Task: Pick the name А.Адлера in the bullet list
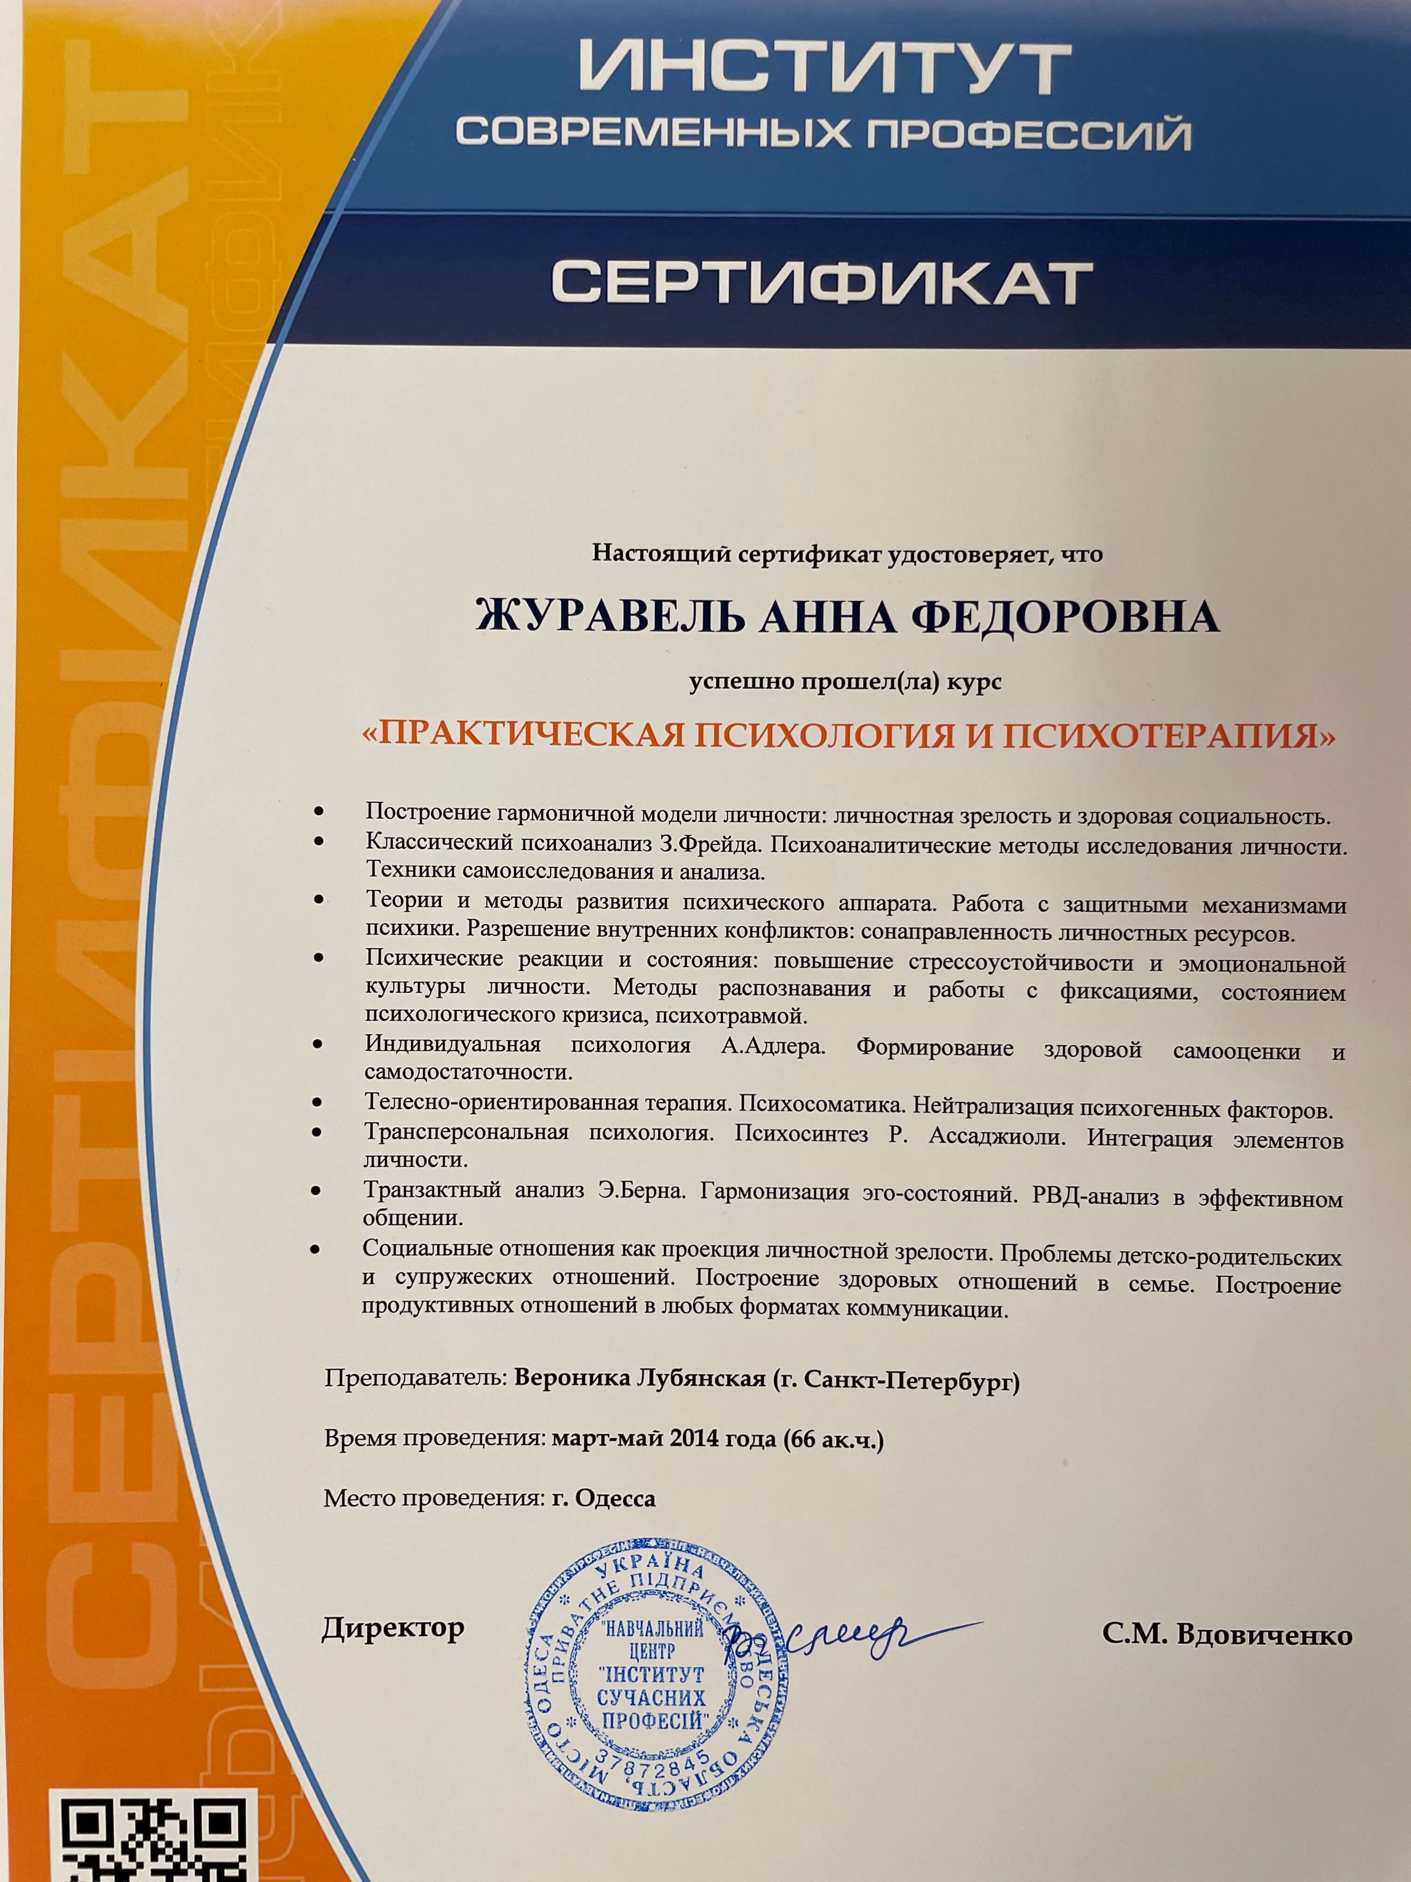coord(773,1046)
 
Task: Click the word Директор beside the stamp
coord(393,1629)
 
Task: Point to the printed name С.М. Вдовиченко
coord(1226,1635)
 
